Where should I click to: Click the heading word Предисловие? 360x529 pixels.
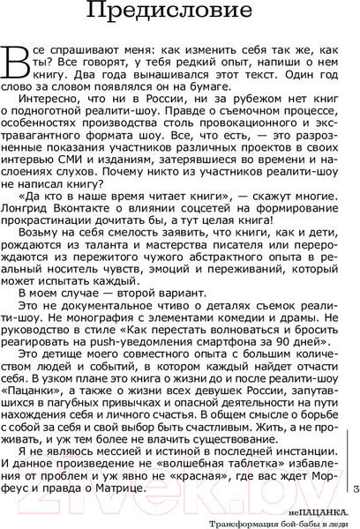tap(180, 13)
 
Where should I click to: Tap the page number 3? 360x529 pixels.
tap(354, 488)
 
